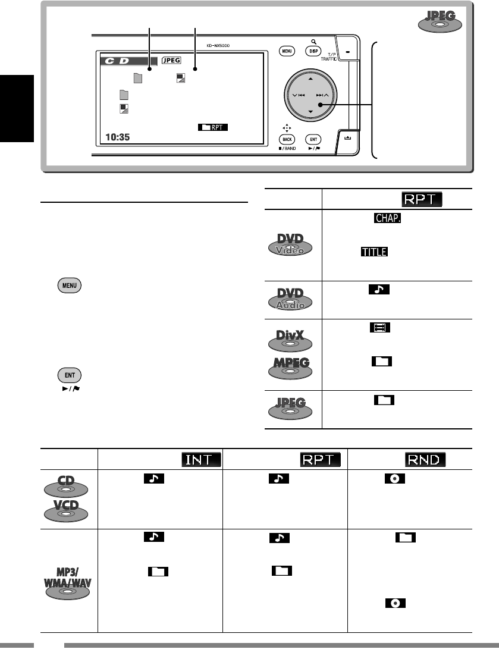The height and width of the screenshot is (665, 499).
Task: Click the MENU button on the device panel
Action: (x=287, y=51)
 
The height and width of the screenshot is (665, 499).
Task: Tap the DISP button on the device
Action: (x=313, y=51)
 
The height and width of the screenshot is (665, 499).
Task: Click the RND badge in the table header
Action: (x=426, y=460)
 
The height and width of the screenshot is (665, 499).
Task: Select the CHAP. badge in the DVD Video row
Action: (x=388, y=219)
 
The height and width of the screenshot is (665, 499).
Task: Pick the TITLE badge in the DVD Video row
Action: (x=373, y=253)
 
